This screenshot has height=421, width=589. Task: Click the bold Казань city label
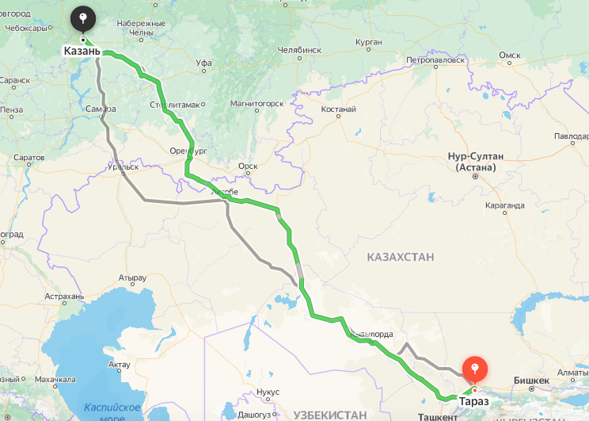(x=82, y=52)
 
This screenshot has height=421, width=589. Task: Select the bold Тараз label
(x=473, y=403)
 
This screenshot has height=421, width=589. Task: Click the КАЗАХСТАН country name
(x=401, y=257)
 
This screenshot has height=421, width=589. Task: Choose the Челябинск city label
(x=299, y=50)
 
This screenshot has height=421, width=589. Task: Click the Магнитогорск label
(x=256, y=104)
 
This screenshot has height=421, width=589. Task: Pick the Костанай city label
(x=340, y=109)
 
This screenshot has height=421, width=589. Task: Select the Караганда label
(x=503, y=205)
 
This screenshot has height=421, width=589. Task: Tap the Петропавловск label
(x=435, y=60)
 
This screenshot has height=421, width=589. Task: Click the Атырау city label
(x=132, y=278)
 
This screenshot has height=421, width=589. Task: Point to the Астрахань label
(x=65, y=297)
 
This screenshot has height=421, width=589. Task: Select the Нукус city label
(x=268, y=392)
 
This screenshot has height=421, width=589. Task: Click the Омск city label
(x=509, y=55)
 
